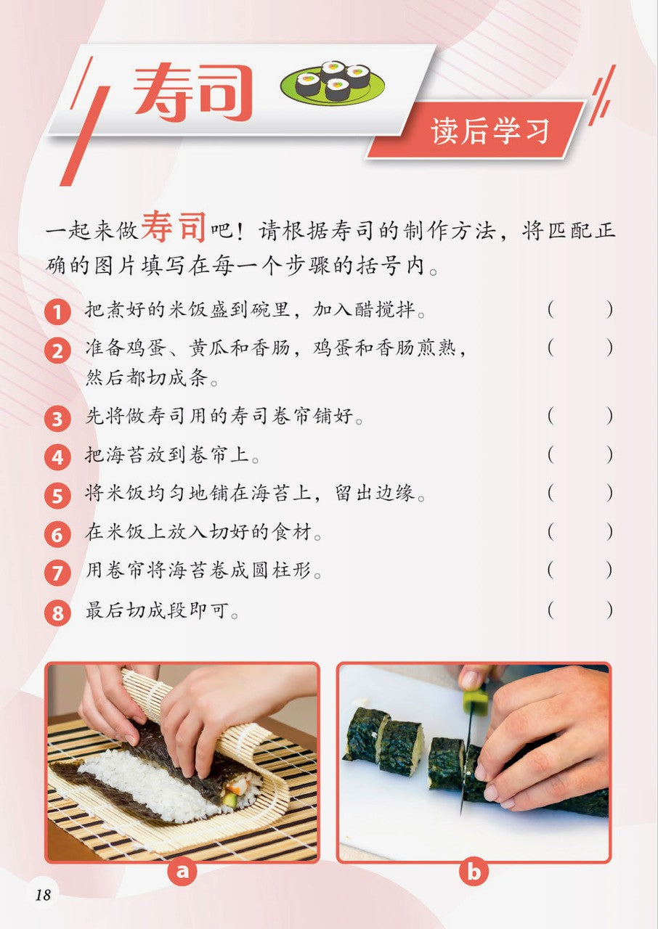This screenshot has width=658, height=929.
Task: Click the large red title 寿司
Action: pos(192,91)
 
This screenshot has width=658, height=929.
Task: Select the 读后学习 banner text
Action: pos(490,131)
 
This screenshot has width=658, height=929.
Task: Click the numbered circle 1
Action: pos(57,311)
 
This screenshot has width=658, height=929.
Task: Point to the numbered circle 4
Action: pos(57,457)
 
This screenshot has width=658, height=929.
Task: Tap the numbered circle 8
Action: pos(57,612)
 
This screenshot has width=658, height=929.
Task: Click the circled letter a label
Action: pos(182,871)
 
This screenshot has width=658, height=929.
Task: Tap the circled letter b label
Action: pos(474,871)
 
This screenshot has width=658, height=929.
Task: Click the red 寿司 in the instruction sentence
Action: pos(174,227)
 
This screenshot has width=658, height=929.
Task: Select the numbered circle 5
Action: pos(57,496)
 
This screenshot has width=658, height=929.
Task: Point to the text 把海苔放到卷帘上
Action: pos(172,455)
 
